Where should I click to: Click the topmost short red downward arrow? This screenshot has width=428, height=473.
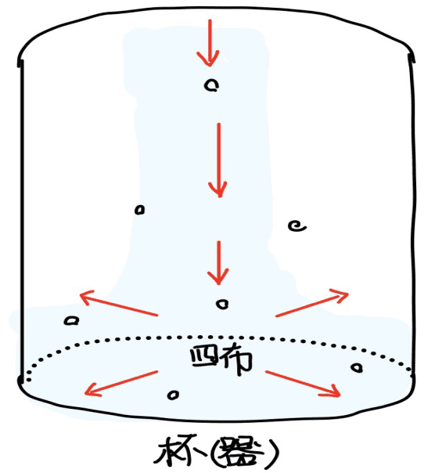tap(210, 42)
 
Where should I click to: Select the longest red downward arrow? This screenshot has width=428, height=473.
tap(219, 160)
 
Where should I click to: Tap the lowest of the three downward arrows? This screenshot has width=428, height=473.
tap(218, 262)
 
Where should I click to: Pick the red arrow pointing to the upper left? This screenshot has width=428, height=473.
tap(118, 303)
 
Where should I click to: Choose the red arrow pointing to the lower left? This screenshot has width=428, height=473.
tap(121, 383)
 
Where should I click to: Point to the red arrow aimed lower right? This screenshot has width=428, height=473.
tap(303, 384)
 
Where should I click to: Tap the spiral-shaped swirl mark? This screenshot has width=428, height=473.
tap(297, 226)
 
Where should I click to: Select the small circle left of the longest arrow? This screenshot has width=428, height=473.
tap(139, 210)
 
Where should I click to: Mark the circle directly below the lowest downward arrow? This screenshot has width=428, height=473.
tap(222, 305)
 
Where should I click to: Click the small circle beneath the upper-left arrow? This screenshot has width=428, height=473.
tap(71, 320)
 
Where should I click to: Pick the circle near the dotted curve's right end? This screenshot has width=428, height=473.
tap(357, 368)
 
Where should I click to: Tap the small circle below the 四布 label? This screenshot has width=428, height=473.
tap(173, 395)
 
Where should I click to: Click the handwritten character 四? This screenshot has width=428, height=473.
tap(203, 356)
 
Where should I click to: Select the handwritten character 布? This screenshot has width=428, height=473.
tap(236, 359)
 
